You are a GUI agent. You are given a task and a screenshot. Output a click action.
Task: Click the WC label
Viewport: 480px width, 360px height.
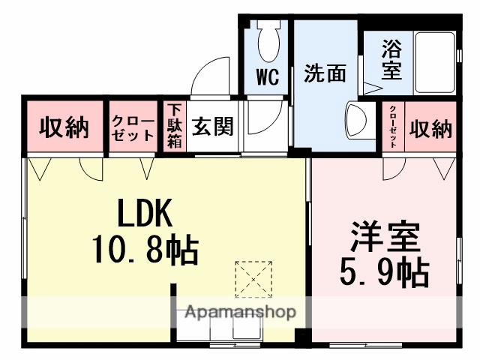coord(268,77)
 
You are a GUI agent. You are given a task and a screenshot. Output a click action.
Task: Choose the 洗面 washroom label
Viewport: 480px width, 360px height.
coord(325,74)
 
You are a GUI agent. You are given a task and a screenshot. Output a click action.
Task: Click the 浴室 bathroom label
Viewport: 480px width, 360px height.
coord(391,61)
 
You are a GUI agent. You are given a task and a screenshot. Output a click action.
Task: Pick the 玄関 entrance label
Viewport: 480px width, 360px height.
coord(212,127)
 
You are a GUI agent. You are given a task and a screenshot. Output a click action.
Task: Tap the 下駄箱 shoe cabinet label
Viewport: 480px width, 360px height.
coord(174,127)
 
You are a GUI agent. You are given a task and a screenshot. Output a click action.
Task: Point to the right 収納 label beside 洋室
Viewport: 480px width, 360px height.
coord(430,129)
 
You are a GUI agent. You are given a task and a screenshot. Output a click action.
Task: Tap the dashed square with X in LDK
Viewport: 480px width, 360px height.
coord(254,280)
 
